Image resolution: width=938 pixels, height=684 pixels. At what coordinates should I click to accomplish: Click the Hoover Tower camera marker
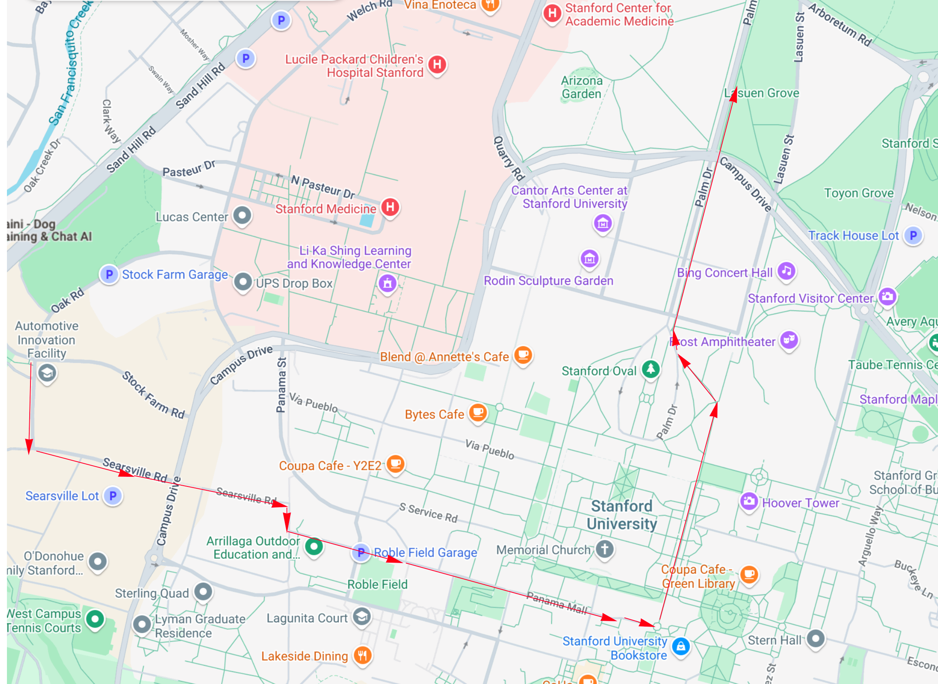(748, 501)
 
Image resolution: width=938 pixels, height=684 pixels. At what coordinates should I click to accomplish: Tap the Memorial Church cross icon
(605, 549)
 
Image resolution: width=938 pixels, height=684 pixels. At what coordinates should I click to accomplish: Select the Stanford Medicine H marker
(390, 207)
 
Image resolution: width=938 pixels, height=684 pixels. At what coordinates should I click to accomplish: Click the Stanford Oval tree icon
(651, 368)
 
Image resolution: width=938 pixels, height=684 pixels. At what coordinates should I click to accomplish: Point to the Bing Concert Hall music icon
(787, 271)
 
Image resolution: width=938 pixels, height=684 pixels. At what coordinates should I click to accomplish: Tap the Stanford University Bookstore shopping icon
(681, 646)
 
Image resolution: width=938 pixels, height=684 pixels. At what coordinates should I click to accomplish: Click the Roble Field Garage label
(425, 552)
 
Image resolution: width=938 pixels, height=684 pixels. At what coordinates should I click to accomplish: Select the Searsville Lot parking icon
(113, 496)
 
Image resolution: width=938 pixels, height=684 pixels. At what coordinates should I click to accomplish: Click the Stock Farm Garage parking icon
(109, 274)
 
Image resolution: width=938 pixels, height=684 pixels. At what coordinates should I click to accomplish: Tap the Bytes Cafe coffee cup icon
(478, 412)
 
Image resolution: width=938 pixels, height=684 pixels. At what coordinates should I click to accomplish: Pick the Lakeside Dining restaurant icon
(363, 655)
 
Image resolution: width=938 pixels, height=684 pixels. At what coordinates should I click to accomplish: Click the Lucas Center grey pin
(242, 215)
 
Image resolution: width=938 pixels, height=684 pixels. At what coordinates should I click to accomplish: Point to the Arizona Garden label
(581, 87)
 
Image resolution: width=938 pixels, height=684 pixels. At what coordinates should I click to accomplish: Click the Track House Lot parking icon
(913, 236)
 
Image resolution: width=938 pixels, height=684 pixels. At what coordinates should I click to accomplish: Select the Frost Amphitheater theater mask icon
(789, 340)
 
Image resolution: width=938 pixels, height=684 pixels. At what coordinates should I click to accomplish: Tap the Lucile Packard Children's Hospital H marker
(437, 64)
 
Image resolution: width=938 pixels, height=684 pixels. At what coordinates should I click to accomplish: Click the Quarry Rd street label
(509, 158)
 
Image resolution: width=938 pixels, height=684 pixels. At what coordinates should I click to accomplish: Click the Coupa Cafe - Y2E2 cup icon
(395, 464)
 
